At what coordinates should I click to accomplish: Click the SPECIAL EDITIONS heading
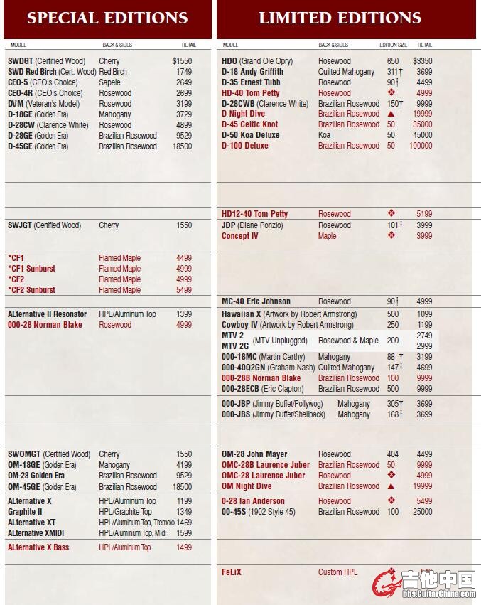click(107, 18)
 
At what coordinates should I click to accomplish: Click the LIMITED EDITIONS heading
click(340, 18)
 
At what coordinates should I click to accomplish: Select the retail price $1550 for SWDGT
click(182, 61)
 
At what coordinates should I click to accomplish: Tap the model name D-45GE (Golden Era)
click(38, 146)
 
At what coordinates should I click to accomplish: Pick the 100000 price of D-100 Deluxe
click(421, 146)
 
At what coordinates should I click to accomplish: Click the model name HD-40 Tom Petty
click(251, 93)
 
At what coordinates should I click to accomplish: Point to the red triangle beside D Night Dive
click(391, 114)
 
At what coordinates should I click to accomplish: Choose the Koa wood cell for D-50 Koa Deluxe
click(324, 135)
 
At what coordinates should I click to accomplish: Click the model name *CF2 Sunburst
click(32, 290)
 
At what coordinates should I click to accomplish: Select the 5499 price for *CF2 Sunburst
click(184, 290)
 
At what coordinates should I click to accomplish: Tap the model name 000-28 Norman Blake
click(45, 325)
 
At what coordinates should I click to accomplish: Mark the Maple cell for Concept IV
click(328, 236)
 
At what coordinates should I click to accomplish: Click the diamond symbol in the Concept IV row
click(391, 235)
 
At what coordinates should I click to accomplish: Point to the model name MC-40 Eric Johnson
click(256, 301)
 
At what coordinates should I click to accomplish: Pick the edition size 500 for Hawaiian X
click(392, 314)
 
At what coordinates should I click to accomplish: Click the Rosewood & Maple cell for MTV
click(348, 341)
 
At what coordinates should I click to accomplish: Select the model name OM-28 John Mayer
click(254, 454)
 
